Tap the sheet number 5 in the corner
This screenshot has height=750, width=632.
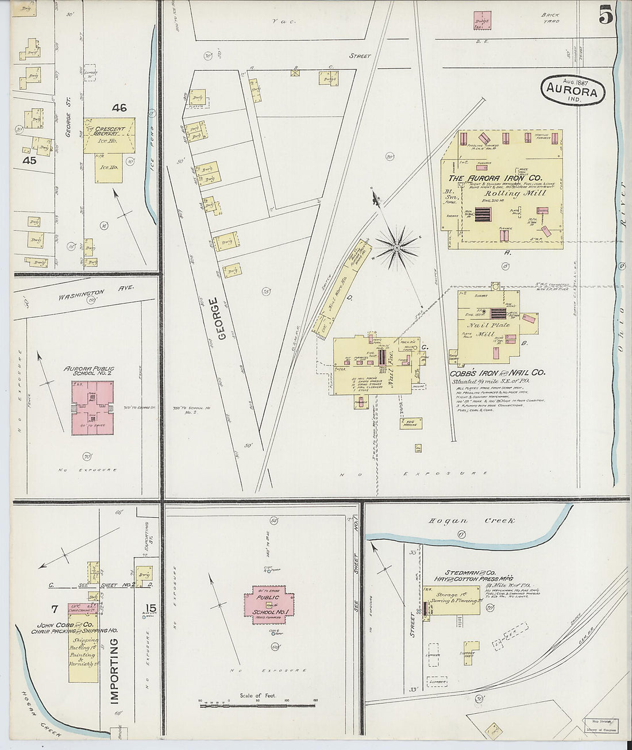coord(606,17)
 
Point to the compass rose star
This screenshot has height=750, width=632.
coord(396,247)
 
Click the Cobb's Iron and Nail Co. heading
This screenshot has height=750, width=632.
coord(497,372)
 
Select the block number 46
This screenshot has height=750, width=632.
coord(119,107)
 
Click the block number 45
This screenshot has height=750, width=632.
coord(29,161)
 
